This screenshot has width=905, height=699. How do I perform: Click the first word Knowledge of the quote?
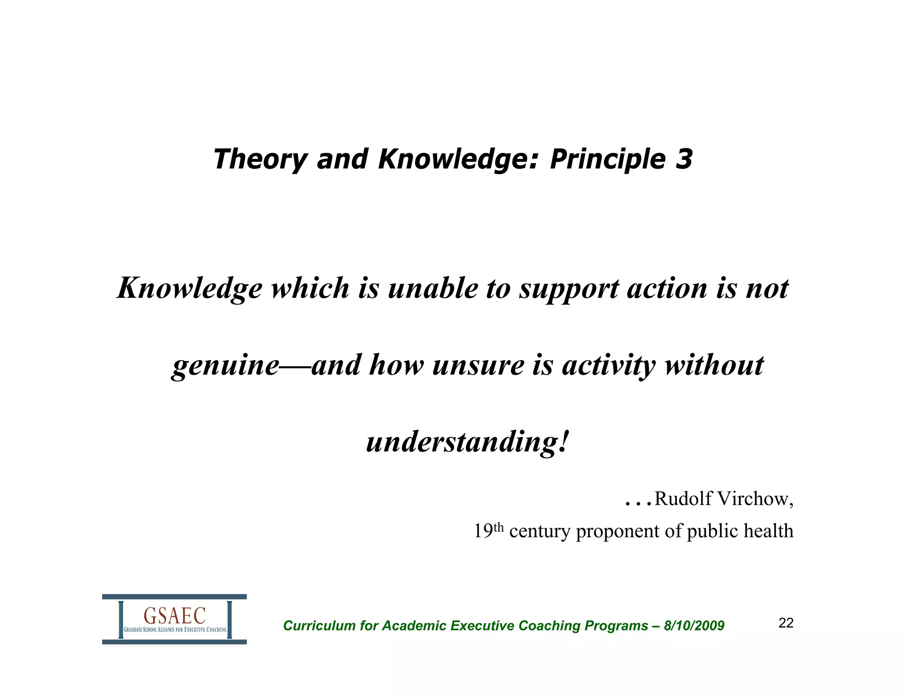coord(190,289)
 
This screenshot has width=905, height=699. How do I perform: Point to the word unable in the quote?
coord(433,288)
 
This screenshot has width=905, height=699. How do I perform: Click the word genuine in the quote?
coord(226,366)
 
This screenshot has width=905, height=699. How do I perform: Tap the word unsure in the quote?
coord(478,366)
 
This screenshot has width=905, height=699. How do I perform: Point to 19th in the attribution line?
coord(488,531)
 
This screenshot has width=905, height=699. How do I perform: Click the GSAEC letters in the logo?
coord(175,615)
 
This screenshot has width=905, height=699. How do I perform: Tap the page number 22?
coord(786,623)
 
